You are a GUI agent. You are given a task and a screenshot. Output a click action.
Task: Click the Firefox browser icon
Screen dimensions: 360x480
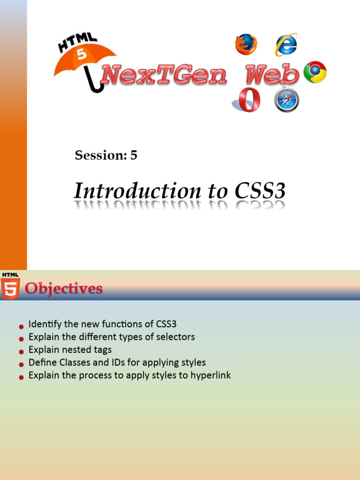tap(246, 45)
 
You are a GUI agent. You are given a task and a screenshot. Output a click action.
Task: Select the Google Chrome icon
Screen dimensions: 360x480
tap(315, 72)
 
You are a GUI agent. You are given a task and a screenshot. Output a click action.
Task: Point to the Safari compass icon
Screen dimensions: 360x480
tap(286, 99)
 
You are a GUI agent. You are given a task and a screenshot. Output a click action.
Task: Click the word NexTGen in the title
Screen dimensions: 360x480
tap(164, 75)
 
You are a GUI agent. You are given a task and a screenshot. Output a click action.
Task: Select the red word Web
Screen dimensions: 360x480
tap(272, 74)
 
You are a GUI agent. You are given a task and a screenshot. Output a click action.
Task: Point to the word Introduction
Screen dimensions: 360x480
tap(138, 191)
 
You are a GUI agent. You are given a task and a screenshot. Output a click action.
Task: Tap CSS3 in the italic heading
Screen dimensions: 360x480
tap(260, 191)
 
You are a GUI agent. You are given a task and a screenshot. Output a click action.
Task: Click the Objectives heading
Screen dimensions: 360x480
tap(64, 289)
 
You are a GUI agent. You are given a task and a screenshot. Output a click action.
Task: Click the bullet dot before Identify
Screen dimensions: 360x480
tap(21, 327)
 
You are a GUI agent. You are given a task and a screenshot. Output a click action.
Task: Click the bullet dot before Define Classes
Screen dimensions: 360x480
tap(21, 365)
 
